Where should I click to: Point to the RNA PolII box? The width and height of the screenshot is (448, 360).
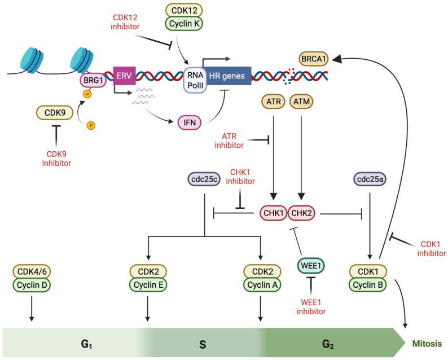tap(196, 80)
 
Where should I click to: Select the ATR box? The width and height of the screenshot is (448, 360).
tap(273, 103)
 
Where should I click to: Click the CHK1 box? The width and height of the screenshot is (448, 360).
tap(273, 213)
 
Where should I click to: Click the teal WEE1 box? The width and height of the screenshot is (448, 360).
tap(311, 264)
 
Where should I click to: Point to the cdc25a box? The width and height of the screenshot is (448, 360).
tap(368, 179)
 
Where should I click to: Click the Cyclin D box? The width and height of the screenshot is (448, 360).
tap(31, 285)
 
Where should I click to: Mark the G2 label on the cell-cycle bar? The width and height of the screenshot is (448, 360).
tap(328, 343)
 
